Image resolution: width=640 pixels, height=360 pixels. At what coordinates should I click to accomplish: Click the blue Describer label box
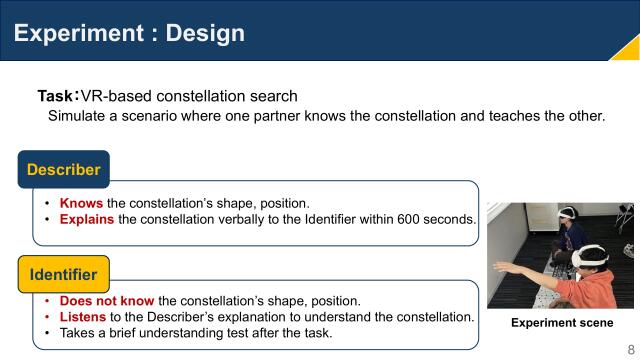[x=63, y=169]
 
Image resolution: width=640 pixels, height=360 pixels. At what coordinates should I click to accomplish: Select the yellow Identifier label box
[x=64, y=273]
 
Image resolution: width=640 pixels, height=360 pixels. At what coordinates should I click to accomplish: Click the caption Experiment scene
[x=562, y=323]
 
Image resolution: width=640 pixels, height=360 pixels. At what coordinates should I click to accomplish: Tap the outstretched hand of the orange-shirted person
[x=499, y=266]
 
